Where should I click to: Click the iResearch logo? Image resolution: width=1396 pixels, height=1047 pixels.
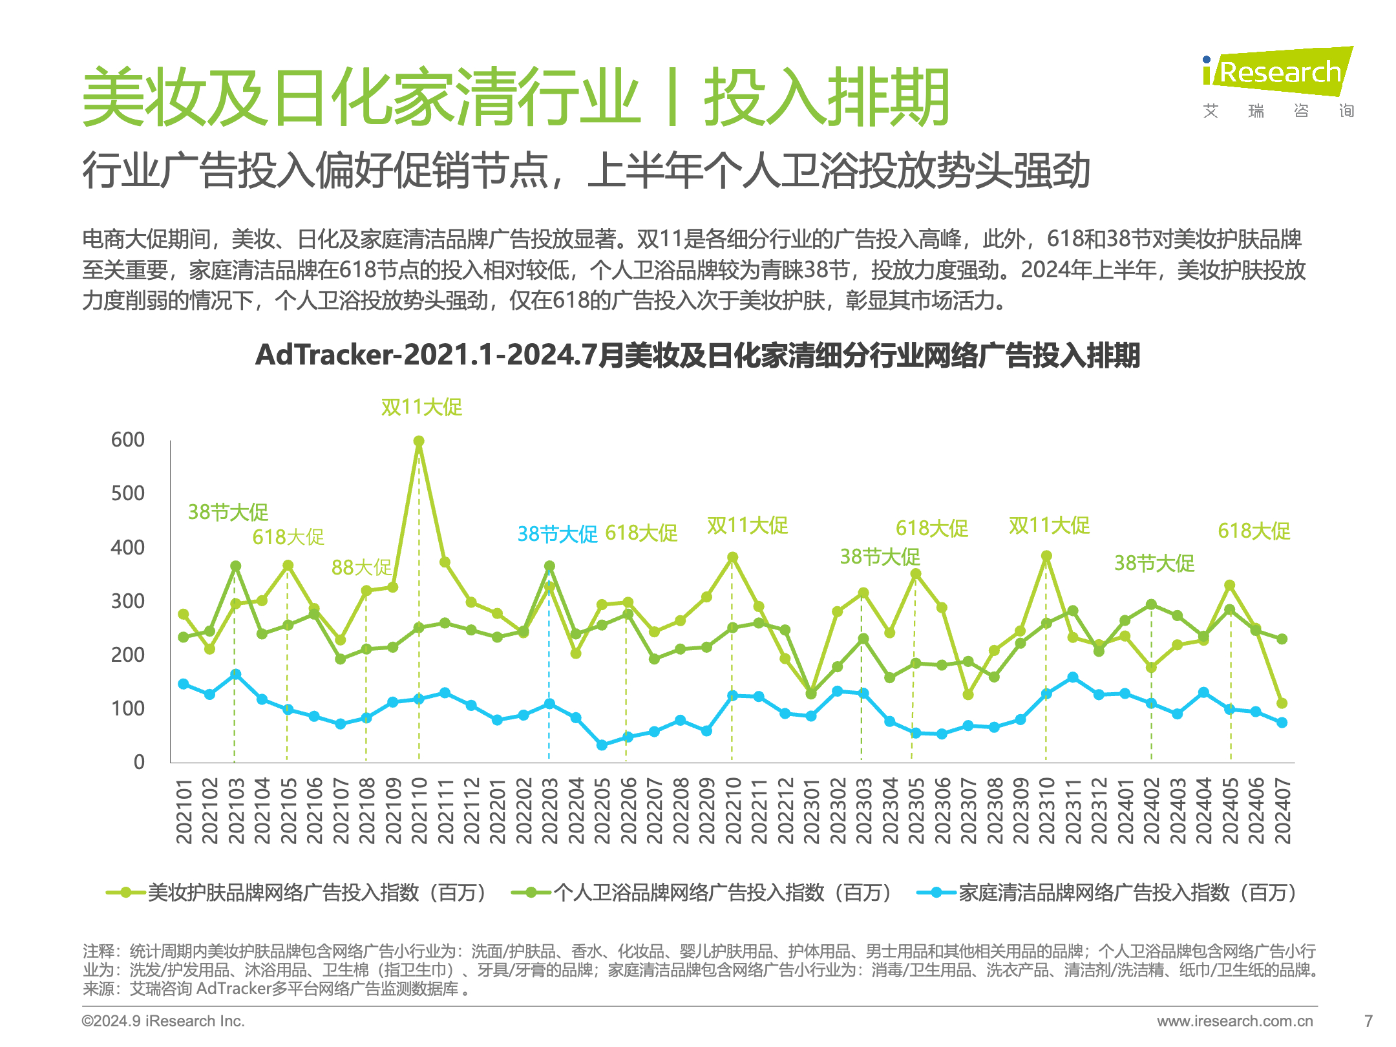click(x=1277, y=72)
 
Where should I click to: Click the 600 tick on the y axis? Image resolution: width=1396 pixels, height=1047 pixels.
click(x=127, y=440)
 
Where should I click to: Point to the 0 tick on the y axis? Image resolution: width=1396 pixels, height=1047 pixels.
click(x=139, y=763)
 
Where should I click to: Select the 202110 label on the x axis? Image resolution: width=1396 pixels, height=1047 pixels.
click(x=419, y=810)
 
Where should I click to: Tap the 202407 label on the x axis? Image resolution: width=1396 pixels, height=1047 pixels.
click(x=1282, y=810)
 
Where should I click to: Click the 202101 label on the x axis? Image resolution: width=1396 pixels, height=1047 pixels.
click(x=184, y=810)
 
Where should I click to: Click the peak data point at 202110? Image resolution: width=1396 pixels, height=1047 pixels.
click(x=419, y=441)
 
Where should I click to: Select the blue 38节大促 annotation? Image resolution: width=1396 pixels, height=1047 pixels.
click(x=557, y=534)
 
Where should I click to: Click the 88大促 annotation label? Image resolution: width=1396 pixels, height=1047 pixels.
click(x=361, y=567)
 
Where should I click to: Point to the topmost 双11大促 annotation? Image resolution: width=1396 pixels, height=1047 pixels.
click(x=421, y=407)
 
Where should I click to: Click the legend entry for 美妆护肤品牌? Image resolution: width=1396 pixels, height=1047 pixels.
click(x=297, y=893)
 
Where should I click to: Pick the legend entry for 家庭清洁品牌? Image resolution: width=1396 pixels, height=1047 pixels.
click(x=1108, y=893)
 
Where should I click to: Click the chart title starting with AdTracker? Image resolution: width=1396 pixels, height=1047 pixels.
click(x=697, y=355)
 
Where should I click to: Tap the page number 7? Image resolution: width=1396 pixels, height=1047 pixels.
click(x=1368, y=1021)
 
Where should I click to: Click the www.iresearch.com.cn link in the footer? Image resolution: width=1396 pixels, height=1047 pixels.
click(x=1235, y=1021)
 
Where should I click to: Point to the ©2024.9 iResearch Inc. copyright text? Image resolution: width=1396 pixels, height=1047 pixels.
click(x=163, y=1021)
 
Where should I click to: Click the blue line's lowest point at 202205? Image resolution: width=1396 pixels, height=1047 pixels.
click(x=602, y=745)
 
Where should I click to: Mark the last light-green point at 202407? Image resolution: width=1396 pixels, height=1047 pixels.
click(x=1282, y=703)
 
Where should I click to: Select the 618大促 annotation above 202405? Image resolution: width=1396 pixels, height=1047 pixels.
click(x=1254, y=531)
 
